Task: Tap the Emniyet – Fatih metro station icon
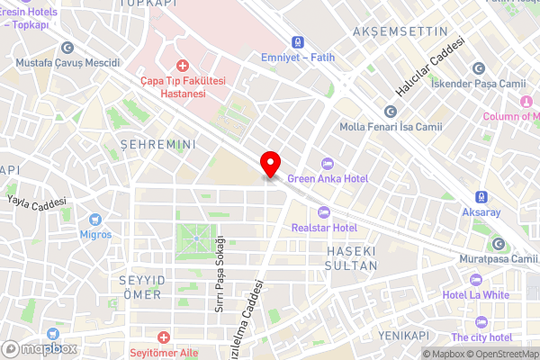point(296,42)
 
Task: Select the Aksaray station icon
point(481,196)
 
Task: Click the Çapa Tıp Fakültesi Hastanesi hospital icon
point(183,66)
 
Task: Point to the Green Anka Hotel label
point(328,179)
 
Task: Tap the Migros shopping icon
point(95,219)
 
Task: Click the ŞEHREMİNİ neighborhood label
point(157,144)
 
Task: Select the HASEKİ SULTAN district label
point(350,256)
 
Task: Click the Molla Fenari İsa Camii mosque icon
point(390,112)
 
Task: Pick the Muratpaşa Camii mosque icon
point(498,244)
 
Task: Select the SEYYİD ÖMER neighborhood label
point(140,288)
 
